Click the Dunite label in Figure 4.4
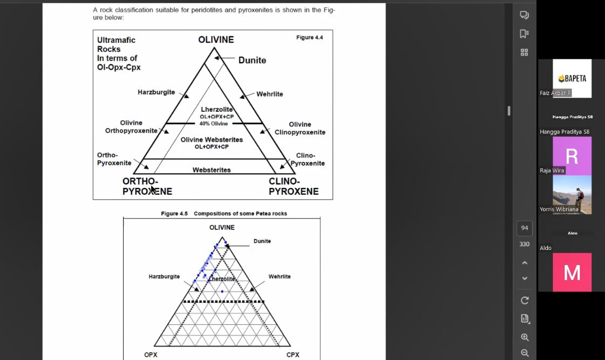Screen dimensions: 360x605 (x=252, y=60)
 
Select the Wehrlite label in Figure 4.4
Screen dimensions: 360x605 (x=269, y=94)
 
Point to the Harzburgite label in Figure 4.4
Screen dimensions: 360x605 (x=156, y=92)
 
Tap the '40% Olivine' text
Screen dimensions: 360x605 (x=214, y=124)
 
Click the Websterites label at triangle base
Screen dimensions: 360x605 (x=212, y=170)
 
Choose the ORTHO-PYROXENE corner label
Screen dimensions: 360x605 (x=147, y=186)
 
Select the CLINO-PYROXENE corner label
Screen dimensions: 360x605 (x=294, y=186)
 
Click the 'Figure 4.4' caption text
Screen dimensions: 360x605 (x=310, y=37)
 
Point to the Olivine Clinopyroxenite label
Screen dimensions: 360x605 (x=300, y=128)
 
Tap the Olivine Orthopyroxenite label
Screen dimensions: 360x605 (x=131, y=127)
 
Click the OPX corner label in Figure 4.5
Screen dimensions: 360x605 (x=151, y=355)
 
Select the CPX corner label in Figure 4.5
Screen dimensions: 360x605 (x=293, y=355)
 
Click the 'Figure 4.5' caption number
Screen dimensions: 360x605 (x=174, y=214)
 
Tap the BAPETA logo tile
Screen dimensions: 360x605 (x=572, y=78)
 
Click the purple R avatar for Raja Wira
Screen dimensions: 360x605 (x=572, y=156)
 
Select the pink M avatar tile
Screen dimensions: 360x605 (x=572, y=273)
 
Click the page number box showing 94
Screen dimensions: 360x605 (x=525, y=228)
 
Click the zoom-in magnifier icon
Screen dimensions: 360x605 (x=525, y=337)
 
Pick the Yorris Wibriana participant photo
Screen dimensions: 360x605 (x=572, y=195)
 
